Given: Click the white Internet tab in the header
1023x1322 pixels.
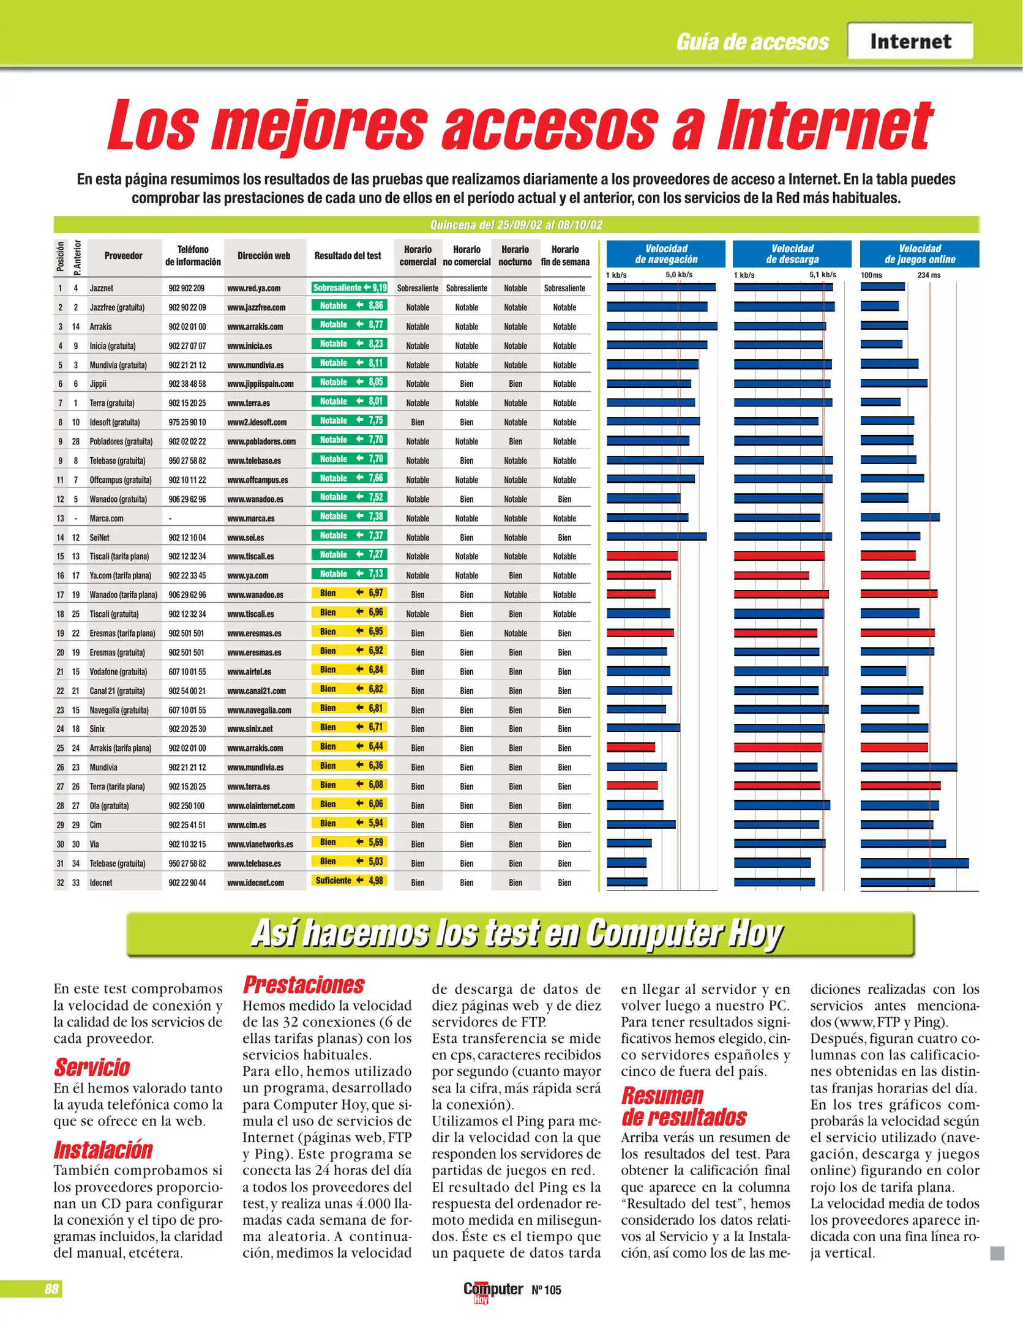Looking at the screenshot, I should tap(910, 41).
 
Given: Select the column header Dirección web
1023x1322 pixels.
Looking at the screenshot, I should tap(264, 256).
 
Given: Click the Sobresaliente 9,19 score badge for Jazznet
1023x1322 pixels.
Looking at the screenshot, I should tap(350, 288).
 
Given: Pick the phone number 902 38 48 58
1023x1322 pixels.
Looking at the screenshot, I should tap(187, 384).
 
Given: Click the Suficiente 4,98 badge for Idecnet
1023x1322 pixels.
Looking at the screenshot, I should tap(350, 881).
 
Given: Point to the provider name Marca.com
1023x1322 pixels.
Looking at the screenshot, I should tap(107, 518).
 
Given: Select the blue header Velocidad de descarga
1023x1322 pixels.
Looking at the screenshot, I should tap(792, 254).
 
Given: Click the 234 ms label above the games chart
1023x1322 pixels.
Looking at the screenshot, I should tap(928, 275).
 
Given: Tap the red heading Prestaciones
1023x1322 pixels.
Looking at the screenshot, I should tap(304, 985).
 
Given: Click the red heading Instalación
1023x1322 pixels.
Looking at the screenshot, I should tap(103, 1150).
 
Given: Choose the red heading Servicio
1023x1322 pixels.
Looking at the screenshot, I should tap(92, 1067).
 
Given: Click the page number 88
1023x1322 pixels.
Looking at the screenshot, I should tap(51, 1289).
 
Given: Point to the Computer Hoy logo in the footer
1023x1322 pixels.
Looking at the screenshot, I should tap(493, 1290).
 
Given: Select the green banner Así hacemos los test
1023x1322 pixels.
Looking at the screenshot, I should tap(520, 934).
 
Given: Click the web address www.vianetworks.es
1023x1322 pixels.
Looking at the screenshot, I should tap(260, 845).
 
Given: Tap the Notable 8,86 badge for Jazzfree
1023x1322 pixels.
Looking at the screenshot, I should tap(350, 305).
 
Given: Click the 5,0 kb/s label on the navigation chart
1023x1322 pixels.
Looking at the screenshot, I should tap(679, 275).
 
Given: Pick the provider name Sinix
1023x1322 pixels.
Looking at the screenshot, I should tap(97, 729).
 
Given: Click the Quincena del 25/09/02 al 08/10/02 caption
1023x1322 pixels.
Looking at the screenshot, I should tap(516, 225).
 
